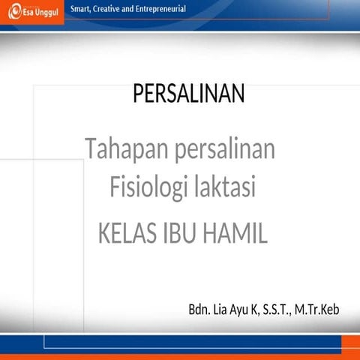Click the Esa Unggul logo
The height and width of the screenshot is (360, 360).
point(31,13)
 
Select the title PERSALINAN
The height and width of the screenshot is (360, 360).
point(188,94)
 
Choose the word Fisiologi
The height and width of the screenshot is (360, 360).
point(142,186)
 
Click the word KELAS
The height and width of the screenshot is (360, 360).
point(127,233)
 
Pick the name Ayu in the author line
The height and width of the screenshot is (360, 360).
point(245,309)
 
